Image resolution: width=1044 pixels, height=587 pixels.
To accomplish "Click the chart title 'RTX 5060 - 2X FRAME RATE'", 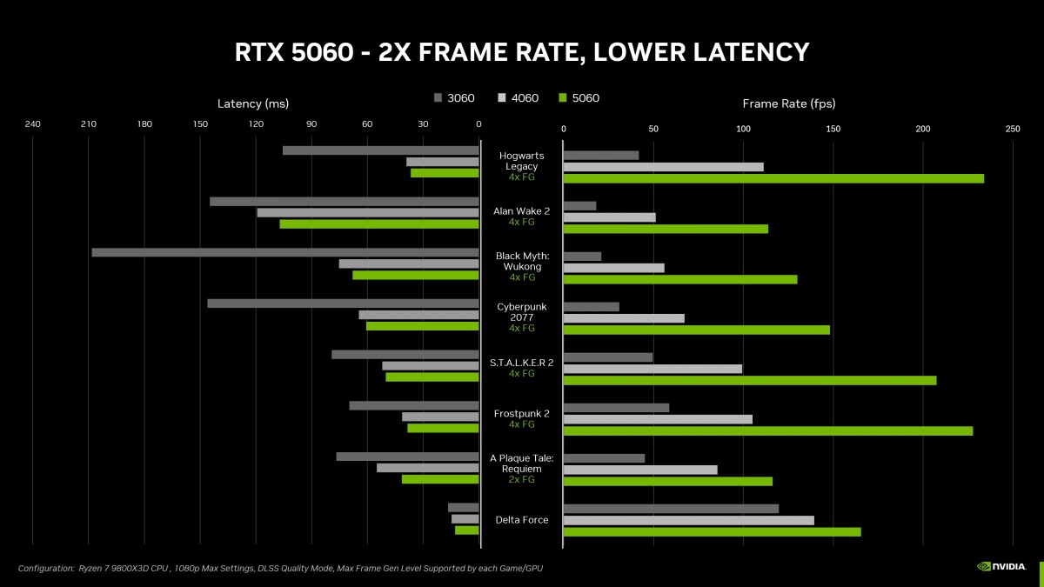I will tap(522, 52).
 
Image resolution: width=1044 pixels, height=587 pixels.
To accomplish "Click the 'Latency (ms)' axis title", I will tap(252, 104).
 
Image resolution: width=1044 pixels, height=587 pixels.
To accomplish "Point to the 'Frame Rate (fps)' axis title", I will tap(788, 104).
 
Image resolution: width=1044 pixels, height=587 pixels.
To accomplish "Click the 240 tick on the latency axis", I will tap(33, 124).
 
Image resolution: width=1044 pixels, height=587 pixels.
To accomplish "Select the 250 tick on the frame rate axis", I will tap(1013, 129).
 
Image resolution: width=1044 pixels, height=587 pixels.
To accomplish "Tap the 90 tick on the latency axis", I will tap(311, 124).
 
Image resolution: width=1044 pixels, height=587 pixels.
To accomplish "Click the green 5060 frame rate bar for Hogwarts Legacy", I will tap(773, 178).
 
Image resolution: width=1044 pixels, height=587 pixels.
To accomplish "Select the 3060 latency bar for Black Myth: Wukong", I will tap(284, 252).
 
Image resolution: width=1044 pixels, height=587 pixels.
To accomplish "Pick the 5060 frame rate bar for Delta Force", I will tap(712, 531).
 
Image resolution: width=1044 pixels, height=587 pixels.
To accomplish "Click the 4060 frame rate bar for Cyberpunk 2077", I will tap(624, 318).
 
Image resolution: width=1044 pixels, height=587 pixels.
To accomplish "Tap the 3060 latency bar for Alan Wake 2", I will tap(344, 202).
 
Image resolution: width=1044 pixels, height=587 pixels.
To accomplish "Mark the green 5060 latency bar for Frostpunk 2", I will tap(443, 428).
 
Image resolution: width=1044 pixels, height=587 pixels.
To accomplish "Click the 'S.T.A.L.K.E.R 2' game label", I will tap(522, 363).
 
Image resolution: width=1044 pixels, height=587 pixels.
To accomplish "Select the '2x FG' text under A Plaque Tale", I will tap(522, 479).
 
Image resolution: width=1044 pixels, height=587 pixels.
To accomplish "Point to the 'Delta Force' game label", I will tap(522, 520).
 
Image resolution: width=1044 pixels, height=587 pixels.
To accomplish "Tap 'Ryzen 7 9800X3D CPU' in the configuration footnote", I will tap(123, 568).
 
